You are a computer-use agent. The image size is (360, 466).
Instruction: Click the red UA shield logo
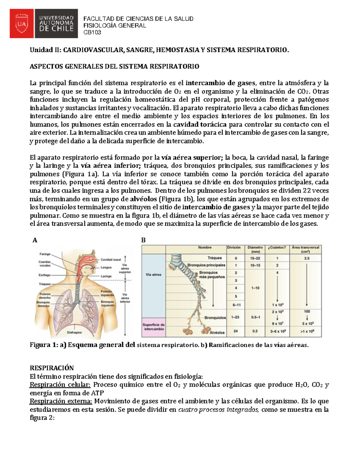(x=22, y=23)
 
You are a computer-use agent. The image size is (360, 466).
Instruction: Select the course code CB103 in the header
(x=92, y=32)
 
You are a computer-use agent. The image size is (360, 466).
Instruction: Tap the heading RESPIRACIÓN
(x=52, y=368)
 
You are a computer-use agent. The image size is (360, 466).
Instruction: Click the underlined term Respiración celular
(x=60, y=385)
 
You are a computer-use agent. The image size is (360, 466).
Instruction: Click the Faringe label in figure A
(x=45, y=254)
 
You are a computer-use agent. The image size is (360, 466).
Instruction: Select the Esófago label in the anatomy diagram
(x=44, y=275)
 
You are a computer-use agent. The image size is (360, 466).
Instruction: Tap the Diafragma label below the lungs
(x=74, y=332)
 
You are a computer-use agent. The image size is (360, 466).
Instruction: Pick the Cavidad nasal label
(x=111, y=260)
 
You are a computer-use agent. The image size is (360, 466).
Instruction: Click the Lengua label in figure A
(x=106, y=267)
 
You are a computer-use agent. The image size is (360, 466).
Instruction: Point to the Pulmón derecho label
(x=45, y=296)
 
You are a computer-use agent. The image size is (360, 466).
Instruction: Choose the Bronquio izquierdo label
(x=107, y=303)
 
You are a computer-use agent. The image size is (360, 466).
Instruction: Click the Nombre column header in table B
(x=205, y=248)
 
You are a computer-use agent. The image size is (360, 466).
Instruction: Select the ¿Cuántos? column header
(x=277, y=248)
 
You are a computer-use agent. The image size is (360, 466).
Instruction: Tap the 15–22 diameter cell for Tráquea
(x=255, y=258)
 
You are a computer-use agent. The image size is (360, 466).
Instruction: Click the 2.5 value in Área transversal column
(x=307, y=258)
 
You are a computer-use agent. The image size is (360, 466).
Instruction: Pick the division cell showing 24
(x=236, y=331)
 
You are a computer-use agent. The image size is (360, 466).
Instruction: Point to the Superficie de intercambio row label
(x=154, y=327)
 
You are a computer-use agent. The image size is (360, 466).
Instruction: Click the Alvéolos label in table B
(x=217, y=332)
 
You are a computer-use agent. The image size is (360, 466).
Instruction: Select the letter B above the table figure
(x=143, y=240)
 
